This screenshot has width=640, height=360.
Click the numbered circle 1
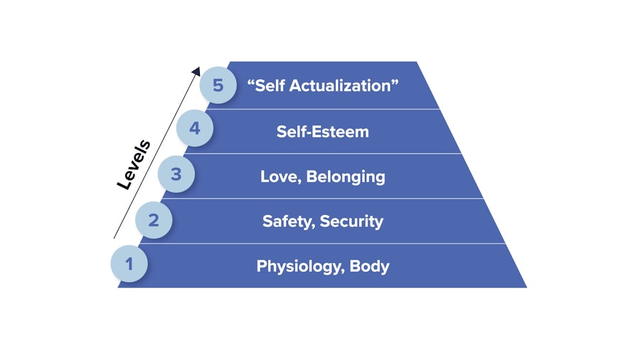tap(129, 264)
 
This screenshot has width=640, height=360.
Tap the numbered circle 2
tap(154, 220)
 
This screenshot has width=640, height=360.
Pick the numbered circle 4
tap(195, 129)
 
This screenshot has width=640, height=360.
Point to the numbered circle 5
tap(217, 85)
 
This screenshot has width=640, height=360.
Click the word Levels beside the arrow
tap(133, 165)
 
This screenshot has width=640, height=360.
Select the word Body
tap(369, 266)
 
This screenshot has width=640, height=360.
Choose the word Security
tap(351, 221)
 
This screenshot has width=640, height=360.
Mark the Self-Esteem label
tap(323, 131)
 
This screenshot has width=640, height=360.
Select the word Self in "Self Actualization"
tap(266, 85)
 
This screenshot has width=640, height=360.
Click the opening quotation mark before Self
tap(250, 82)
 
